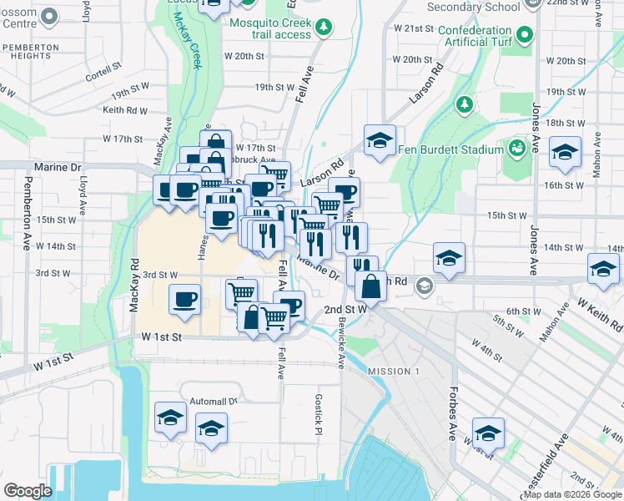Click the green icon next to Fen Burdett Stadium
tap(517, 149)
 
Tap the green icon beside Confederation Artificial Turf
tap(524, 35)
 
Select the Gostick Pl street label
tap(318, 415)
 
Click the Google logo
tap(28, 491)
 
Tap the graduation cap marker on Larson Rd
tap(379, 140)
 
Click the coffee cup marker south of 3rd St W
tap(184, 300)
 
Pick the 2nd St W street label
tap(345, 309)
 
